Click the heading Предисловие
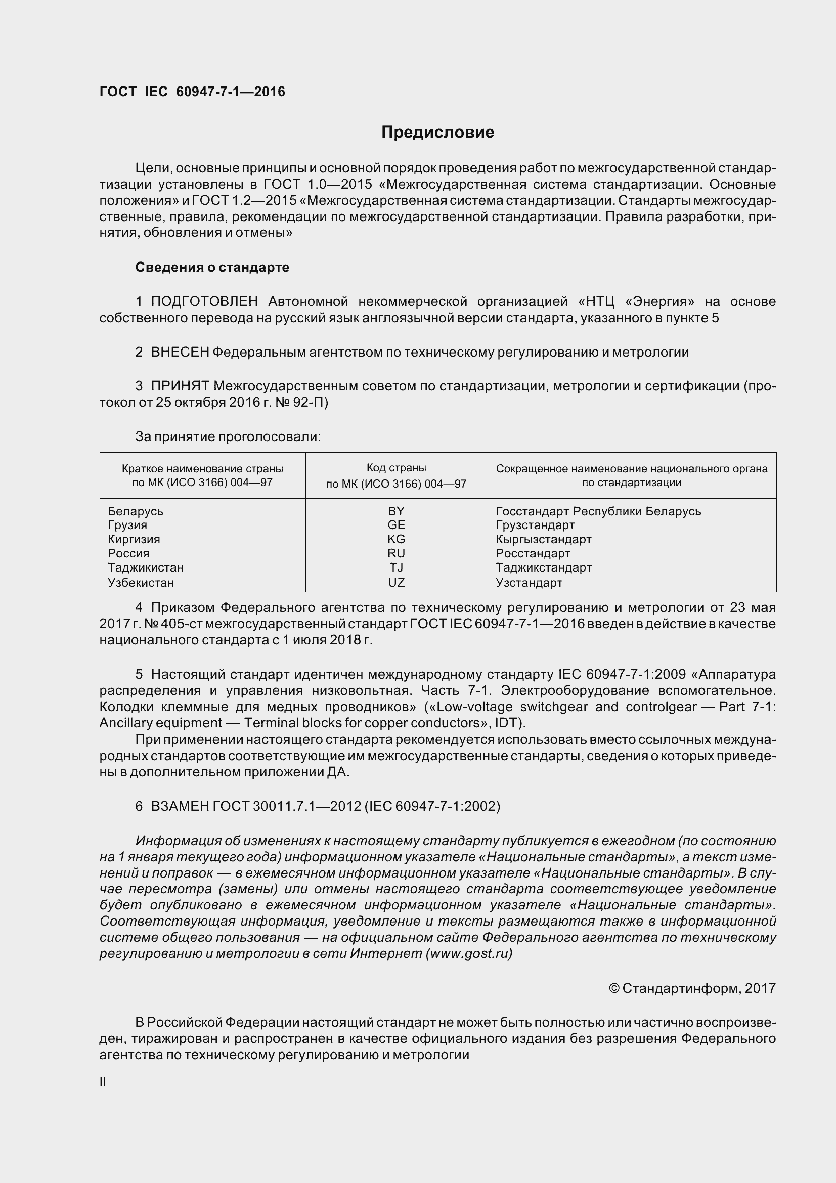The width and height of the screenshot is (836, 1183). (x=437, y=133)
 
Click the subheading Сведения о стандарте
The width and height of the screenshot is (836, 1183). (x=212, y=267)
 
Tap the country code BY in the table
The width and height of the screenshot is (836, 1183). (x=396, y=511)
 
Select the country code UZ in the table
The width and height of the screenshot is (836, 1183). (x=396, y=583)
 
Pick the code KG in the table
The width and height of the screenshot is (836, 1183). (x=396, y=539)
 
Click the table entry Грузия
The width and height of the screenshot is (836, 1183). (x=127, y=525)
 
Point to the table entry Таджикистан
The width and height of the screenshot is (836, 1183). (x=146, y=567)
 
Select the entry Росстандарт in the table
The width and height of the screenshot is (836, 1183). (x=533, y=553)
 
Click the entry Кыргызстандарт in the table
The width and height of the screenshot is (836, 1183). (x=544, y=539)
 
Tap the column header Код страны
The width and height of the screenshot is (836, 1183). (x=396, y=468)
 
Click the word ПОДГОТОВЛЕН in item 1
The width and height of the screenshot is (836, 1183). (x=204, y=301)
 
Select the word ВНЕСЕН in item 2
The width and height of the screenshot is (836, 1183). (x=180, y=352)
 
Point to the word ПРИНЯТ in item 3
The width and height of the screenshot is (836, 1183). (x=180, y=386)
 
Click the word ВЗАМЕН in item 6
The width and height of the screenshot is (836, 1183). (x=180, y=806)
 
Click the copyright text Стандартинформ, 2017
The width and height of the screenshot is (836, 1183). (x=692, y=988)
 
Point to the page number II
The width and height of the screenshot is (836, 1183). (x=103, y=1082)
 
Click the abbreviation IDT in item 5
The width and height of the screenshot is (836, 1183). (x=507, y=723)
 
